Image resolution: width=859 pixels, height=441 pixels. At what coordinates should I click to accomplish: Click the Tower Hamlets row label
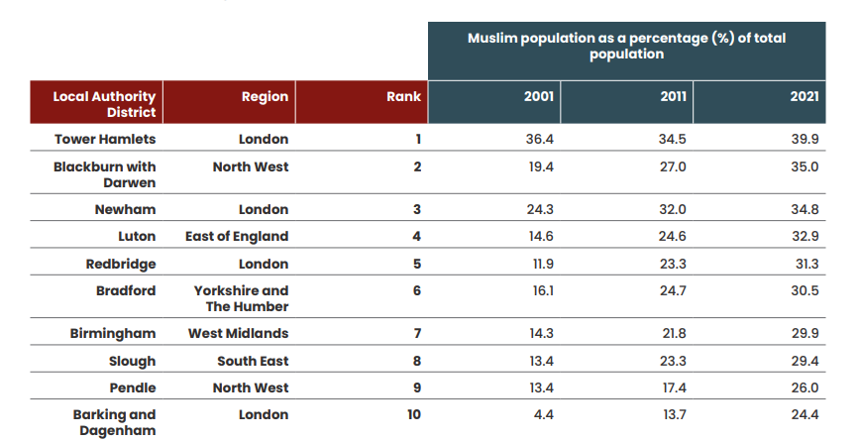[x=105, y=140]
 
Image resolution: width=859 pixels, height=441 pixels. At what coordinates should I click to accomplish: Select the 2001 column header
[x=538, y=97]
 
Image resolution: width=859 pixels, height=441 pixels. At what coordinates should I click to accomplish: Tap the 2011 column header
[x=673, y=97]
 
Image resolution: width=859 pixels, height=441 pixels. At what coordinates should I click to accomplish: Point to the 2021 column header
[x=804, y=97]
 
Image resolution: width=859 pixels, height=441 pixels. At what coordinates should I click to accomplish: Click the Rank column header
[x=403, y=97]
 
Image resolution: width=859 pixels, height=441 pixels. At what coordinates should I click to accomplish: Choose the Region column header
[x=265, y=97]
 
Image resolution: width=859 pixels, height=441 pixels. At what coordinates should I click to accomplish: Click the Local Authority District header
[x=104, y=104]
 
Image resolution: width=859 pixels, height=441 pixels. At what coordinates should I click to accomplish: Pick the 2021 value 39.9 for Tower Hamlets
[x=805, y=140]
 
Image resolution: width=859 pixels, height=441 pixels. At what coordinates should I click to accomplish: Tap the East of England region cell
[x=237, y=236]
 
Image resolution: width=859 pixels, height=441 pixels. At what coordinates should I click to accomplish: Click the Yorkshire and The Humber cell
[x=241, y=298]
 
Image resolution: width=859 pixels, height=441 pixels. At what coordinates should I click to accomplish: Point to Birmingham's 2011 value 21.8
[x=673, y=333]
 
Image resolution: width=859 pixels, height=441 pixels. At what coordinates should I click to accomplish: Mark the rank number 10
[x=414, y=414]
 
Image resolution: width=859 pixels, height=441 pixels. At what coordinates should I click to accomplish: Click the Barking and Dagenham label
[x=114, y=422]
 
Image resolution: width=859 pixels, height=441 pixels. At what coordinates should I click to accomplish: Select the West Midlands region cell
[x=238, y=333]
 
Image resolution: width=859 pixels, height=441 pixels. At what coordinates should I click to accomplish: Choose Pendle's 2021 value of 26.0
[x=805, y=387]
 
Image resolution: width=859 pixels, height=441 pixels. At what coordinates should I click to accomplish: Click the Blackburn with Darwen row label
[x=105, y=174]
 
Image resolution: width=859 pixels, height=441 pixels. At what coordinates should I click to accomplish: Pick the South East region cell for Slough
[x=253, y=361]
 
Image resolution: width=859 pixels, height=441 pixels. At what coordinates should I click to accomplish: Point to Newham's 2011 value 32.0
[x=673, y=209]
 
